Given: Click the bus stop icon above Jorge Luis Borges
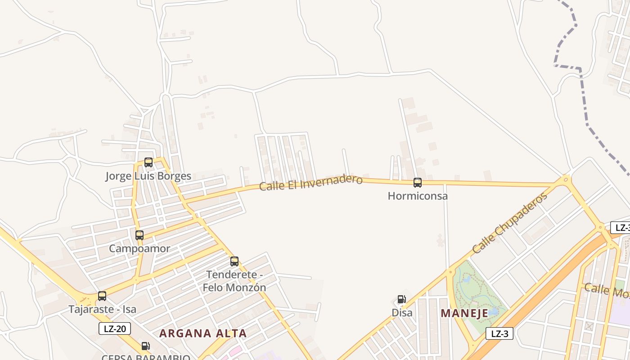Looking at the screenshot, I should coord(148,162).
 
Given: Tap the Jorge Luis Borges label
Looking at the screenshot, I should coord(148,176).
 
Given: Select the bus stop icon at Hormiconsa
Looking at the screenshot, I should coord(418,183).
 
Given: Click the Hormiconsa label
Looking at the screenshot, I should coord(418,196).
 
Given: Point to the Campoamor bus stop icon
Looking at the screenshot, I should coord(139,235).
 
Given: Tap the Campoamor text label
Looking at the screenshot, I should coord(139,248).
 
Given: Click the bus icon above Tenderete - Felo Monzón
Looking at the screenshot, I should coord(234,261).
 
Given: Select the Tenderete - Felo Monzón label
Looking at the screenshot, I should coord(234,281).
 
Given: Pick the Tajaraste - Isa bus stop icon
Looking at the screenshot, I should coord(102,296).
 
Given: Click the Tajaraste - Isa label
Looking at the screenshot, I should coord(102,310).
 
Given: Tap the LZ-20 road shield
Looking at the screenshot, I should coord(115,328).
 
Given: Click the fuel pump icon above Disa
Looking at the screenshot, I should coord(401,299).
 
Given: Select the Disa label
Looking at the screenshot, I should coord(402,313).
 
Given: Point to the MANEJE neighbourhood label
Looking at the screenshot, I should coord(464,313).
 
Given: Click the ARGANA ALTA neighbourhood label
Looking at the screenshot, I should coord(203,333).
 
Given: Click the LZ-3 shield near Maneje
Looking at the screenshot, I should coord(499,333).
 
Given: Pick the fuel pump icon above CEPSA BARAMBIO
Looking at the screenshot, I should coord(145,346).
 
